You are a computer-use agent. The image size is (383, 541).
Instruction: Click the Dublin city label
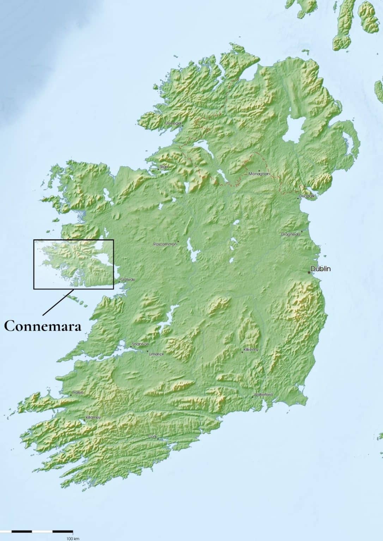[x=321, y=269]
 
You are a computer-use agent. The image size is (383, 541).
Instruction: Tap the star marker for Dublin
[x=309, y=272]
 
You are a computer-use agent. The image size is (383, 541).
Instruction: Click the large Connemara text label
[x=43, y=326]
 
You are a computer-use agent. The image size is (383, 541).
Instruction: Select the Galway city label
[x=127, y=280]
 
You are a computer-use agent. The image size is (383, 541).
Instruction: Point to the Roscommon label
[x=165, y=244]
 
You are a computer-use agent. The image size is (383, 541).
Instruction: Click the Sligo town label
[x=164, y=167]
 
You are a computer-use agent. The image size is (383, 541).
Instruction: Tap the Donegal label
[x=173, y=123]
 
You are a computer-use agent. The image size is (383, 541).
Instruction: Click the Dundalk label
[x=306, y=195]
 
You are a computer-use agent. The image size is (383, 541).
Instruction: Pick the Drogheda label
[x=291, y=234]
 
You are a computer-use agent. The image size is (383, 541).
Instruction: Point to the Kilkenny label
[x=251, y=350]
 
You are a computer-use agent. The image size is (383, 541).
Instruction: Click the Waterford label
[x=263, y=394]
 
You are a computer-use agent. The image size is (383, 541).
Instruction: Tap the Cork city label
[x=152, y=436]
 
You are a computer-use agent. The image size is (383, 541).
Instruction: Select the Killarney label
[x=93, y=417]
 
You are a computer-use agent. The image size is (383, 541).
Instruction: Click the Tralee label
[x=77, y=392]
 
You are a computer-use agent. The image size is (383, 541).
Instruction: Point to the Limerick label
[x=156, y=354]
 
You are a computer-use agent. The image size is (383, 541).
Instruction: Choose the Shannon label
[x=140, y=344]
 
